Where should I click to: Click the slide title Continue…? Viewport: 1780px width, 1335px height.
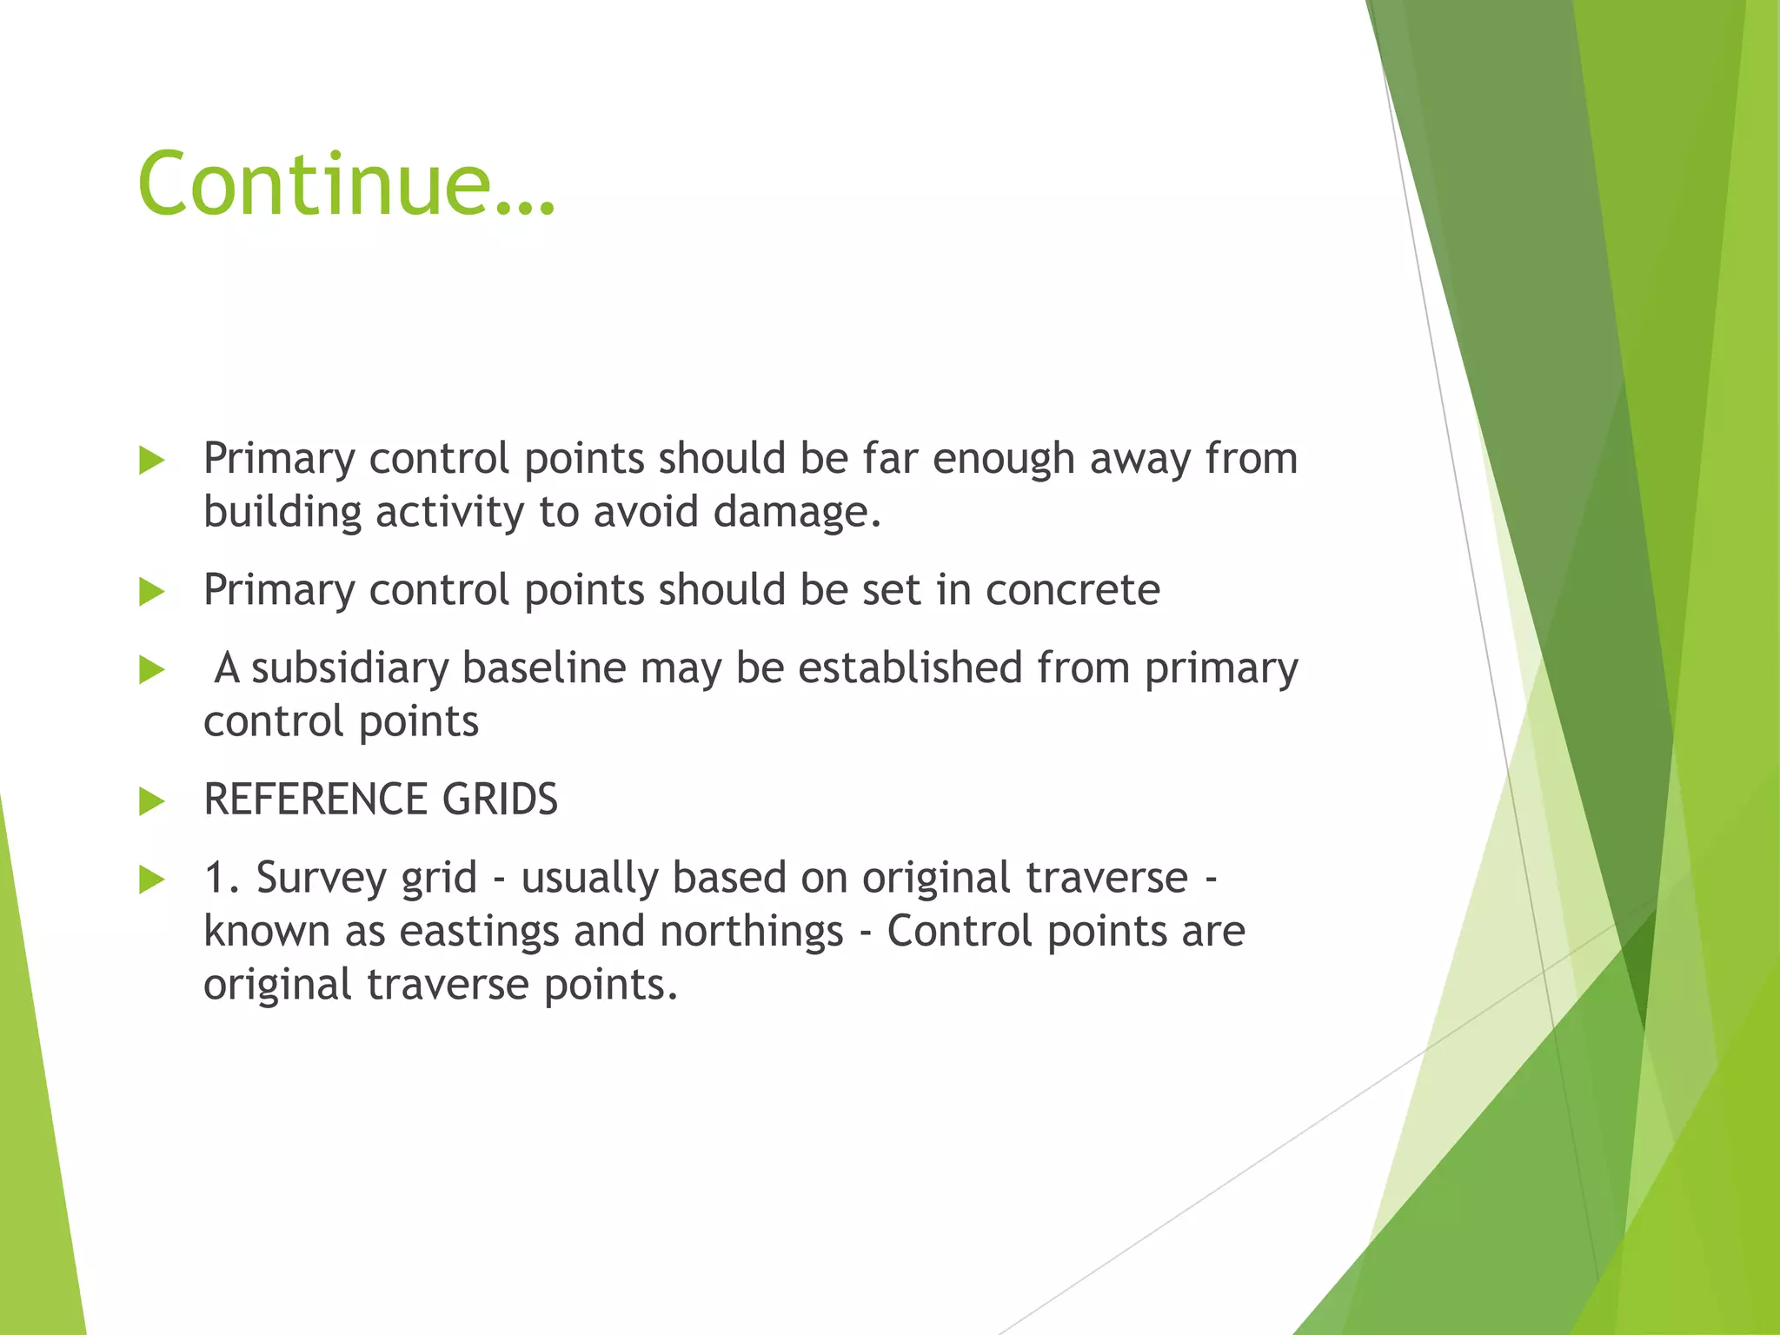[x=346, y=183]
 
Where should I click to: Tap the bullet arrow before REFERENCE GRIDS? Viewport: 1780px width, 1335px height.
[x=151, y=800]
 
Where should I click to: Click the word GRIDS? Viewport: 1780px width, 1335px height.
[x=500, y=799]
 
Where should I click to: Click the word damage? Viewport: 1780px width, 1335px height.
[x=796, y=512]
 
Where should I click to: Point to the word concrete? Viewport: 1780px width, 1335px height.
[x=1073, y=590]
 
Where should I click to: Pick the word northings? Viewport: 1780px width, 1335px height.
[x=752, y=933]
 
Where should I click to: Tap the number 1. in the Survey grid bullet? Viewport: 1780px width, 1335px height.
[x=221, y=878]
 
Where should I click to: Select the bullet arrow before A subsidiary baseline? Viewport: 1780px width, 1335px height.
[x=151, y=670]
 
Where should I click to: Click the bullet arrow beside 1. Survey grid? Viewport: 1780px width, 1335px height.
[x=151, y=880]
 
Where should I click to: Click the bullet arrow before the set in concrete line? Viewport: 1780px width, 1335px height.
[x=151, y=592]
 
